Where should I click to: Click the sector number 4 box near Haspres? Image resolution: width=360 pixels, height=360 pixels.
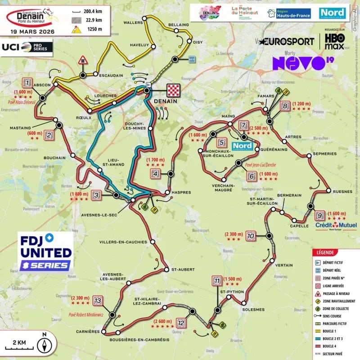pos(155,174)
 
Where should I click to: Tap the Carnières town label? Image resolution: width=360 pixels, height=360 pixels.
pos(88,332)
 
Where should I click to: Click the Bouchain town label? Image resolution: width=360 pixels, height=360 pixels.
pos(54,158)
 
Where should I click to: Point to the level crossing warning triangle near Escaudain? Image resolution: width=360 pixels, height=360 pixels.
pos(83,60)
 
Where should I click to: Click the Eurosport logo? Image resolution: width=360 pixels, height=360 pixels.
pos(286,41)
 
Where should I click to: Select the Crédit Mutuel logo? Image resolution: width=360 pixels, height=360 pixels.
pos(333,225)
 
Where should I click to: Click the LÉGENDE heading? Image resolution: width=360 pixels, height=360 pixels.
pos(326,252)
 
